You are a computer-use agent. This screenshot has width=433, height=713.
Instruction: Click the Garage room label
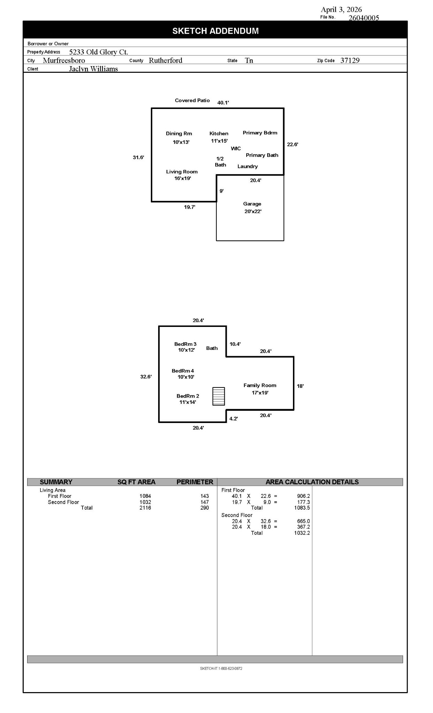coord(252,204)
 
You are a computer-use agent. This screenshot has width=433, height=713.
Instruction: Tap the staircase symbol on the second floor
coord(218,396)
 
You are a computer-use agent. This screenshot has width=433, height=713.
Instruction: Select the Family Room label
coord(260,385)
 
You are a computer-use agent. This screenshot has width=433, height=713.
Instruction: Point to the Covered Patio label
coord(192,101)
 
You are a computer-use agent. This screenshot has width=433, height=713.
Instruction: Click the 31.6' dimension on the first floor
coord(138,157)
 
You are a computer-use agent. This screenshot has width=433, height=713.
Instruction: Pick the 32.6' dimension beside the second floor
coord(146,377)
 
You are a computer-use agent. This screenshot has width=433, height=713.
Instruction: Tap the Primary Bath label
coord(262,155)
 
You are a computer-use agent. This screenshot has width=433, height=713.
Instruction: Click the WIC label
coord(236,149)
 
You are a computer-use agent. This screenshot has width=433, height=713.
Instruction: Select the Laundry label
coord(247,166)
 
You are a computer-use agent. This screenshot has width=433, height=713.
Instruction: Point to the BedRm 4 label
coord(183,371)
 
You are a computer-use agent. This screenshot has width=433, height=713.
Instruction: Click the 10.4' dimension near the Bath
coord(235,344)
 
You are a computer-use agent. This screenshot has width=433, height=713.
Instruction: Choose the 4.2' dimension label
coord(233,419)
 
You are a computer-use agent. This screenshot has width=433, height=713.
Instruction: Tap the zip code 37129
coord(350,61)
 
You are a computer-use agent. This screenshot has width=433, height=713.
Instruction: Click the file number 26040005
coord(364,18)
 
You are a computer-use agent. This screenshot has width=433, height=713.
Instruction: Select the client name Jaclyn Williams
coord(93,69)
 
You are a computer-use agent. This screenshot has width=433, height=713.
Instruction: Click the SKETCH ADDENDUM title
coord(215,31)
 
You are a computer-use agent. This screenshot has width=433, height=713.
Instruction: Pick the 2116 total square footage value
coord(145,508)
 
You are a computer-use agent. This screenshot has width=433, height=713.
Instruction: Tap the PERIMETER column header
coord(195,482)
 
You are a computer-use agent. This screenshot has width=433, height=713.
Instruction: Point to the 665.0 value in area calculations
coord(303,522)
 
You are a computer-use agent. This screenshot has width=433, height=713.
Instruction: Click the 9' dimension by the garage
coord(222,191)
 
